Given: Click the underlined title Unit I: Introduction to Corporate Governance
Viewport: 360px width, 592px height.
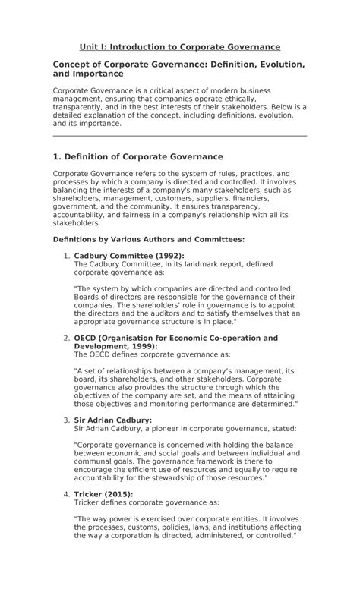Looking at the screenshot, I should click(x=180, y=47).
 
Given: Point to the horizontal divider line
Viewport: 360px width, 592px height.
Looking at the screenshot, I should click(x=180, y=136).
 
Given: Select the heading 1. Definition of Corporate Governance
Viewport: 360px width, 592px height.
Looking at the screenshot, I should click(x=137, y=156).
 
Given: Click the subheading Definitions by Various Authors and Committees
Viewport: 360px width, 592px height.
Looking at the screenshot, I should click(x=149, y=239).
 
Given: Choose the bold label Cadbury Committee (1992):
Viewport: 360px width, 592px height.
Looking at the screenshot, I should click(x=129, y=256).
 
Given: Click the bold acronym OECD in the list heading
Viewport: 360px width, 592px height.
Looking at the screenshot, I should click(x=87, y=338).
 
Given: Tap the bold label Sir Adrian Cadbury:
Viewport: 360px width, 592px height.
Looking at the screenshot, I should click(x=112, y=420).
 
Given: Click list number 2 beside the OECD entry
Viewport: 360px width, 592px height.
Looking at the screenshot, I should click(x=67, y=338).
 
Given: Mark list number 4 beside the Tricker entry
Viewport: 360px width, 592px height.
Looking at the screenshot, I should click(x=67, y=494).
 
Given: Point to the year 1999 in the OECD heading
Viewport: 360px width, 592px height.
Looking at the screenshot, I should click(x=141, y=346).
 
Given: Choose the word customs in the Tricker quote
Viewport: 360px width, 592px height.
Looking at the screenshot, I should click(x=138, y=527).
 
